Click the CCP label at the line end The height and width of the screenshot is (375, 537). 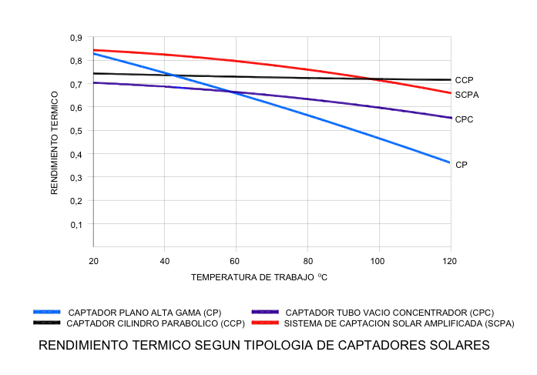[x=464, y=80]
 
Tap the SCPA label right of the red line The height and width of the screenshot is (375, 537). [x=467, y=95]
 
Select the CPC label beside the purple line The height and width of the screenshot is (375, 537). [x=464, y=119]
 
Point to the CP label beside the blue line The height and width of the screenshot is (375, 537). [x=461, y=165]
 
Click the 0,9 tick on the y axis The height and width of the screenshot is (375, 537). [x=76, y=38]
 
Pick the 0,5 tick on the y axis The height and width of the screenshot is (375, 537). [x=76, y=131]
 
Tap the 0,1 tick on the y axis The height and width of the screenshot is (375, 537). [x=76, y=225]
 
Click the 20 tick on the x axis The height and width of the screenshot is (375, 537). [x=92, y=261]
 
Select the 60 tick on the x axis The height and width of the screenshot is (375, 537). [x=235, y=261]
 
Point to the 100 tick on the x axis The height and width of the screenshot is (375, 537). [x=378, y=261]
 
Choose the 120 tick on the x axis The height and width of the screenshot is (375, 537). [x=450, y=261]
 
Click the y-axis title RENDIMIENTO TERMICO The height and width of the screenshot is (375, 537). [x=55, y=142]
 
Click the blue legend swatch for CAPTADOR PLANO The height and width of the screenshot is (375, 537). [x=48, y=313]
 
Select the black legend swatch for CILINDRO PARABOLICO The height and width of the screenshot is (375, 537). [x=48, y=323]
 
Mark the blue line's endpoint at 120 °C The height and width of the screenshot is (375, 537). [x=450, y=162]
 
